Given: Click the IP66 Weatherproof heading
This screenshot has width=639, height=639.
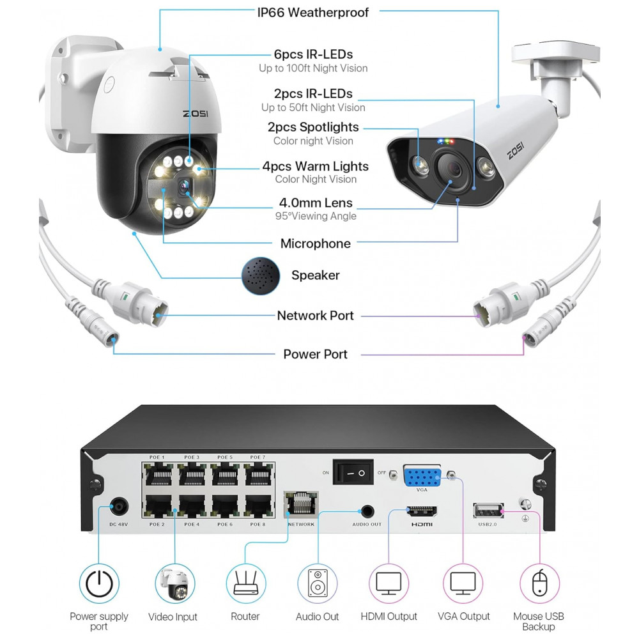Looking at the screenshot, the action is (x=313, y=13).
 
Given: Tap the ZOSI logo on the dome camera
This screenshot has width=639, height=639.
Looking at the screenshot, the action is (x=196, y=113).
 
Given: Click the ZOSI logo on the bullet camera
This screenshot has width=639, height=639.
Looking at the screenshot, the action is (x=516, y=150).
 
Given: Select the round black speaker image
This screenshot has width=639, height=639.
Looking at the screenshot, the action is (x=261, y=275).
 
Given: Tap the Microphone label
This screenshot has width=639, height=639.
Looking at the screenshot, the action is (x=316, y=243).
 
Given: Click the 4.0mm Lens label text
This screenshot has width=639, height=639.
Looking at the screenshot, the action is (x=316, y=203).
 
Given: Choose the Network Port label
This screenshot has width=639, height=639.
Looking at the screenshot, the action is (x=316, y=316).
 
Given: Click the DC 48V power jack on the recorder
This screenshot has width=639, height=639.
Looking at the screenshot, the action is (x=119, y=508).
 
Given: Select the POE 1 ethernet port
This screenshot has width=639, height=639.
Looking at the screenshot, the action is (x=158, y=474).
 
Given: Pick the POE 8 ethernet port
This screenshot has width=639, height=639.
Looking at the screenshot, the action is (x=258, y=506).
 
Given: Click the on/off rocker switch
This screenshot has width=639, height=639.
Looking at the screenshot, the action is (x=353, y=472).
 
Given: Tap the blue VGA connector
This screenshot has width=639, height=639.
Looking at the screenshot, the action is (x=422, y=476).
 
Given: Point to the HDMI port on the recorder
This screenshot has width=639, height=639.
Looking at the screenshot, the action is (x=422, y=511).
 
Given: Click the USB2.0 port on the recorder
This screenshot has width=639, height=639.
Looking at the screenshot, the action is (x=488, y=511).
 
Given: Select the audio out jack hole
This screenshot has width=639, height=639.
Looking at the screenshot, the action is (x=367, y=511).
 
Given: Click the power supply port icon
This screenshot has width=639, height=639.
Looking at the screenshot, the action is (x=99, y=583).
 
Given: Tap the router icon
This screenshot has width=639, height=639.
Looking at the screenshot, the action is (x=245, y=583).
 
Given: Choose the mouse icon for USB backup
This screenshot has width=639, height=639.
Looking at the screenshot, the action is (x=539, y=583).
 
